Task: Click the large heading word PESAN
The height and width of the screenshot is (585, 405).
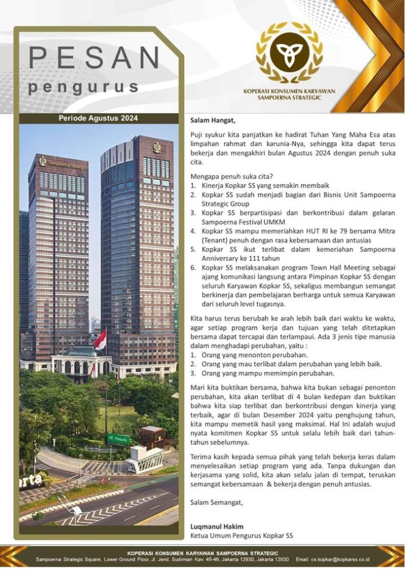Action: point(95,59)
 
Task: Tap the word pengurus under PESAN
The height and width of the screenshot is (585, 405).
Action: point(83,87)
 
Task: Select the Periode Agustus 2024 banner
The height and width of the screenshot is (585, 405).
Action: point(98,118)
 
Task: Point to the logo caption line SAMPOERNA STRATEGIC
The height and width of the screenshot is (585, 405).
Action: point(290,98)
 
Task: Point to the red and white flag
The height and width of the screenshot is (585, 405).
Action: point(100,340)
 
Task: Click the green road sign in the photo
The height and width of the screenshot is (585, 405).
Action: point(118,439)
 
